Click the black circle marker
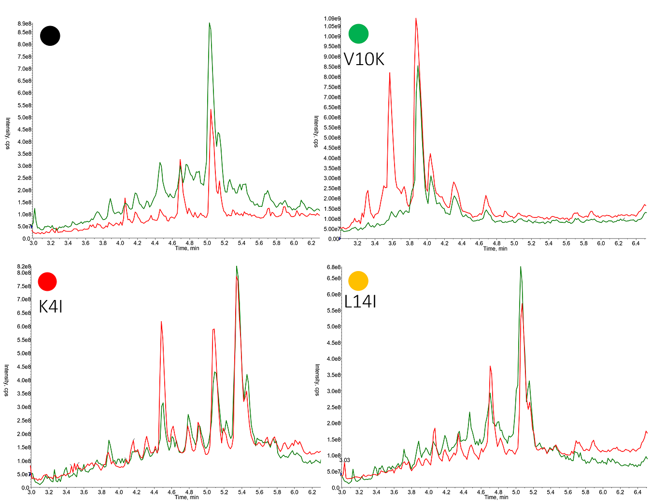click(x=50, y=36)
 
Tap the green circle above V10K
click(x=358, y=34)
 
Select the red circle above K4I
click(x=47, y=281)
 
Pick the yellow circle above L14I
click(x=358, y=281)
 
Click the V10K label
click(x=364, y=59)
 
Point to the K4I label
click(x=51, y=306)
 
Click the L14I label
click(x=360, y=302)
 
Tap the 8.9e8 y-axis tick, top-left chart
click(x=25, y=24)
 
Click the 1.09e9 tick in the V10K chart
click(x=332, y=18)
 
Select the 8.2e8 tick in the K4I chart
click(x=24, y=267)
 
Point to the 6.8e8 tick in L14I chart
click(x=334, y=267)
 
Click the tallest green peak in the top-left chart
click(x=209, y=23)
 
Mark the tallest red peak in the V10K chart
click(x=416, y=19)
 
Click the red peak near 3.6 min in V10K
click(x=390, y=73)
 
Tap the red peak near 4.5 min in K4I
click(x=161, y=322)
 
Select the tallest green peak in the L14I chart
click(x=520, y=267)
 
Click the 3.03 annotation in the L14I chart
click(x=345, y=460)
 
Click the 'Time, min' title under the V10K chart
click(x=495, y=249)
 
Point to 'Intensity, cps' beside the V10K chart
click(x=316, y=132)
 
